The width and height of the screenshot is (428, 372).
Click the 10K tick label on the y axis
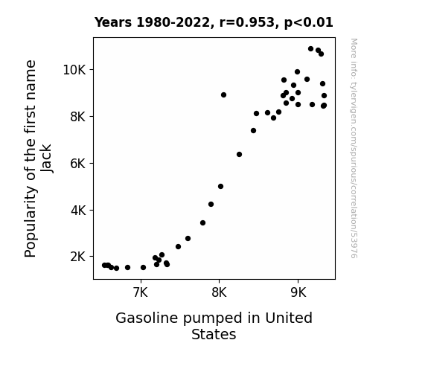coord(74,70)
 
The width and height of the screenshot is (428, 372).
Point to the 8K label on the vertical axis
coord(78,117)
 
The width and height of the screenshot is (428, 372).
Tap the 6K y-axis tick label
coord(78,164)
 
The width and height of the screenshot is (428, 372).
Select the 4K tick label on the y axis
coord(78,211)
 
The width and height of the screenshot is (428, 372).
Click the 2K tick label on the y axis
coord(78,257)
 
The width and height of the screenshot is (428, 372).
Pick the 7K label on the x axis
coord(141,292)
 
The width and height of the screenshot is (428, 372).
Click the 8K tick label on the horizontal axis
coord(219,292)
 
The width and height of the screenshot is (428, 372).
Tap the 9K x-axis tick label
coord(298,292)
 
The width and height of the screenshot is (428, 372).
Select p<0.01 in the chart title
coord(309,23)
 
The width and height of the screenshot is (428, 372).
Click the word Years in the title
coord(113,22)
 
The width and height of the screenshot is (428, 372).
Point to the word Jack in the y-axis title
coord(46,158)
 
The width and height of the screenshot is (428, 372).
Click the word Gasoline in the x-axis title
coord(147,318)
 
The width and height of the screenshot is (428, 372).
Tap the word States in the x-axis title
coord(214,334)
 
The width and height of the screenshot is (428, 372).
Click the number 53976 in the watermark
coord(354,246)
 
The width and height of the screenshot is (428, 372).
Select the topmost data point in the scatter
coord(310,49)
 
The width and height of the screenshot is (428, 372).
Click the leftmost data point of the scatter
coord(104,266)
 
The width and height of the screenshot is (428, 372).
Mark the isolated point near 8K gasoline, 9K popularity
coord(223,95)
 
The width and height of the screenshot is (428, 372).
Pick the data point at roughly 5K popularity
coord(220,187)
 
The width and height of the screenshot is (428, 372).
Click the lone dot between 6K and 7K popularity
coord(239,155)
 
